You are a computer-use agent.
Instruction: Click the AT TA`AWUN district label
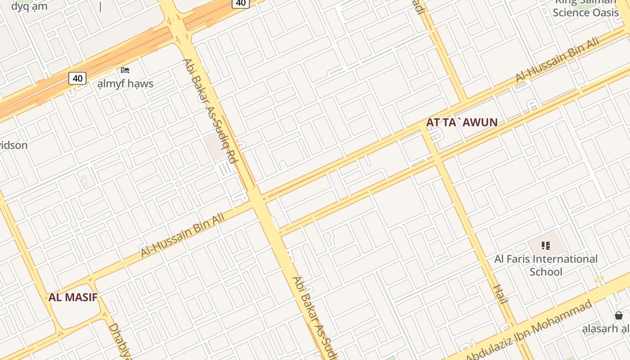(462, 122)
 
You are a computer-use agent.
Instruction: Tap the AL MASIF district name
(73, 297)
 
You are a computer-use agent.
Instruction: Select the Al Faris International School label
(546, 265)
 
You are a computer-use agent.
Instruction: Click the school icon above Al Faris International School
(546, 246)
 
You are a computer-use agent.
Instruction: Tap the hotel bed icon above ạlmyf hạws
(125, 70)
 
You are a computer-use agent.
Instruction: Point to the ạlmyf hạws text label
(125, 84)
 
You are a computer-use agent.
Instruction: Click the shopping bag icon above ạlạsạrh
(619, 315)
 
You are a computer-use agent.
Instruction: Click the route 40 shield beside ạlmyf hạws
(77, 78)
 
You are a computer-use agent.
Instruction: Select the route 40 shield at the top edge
(241, 3)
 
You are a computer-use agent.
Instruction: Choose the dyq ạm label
(29, 6)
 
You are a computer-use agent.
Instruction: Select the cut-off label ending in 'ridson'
(13, 145)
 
